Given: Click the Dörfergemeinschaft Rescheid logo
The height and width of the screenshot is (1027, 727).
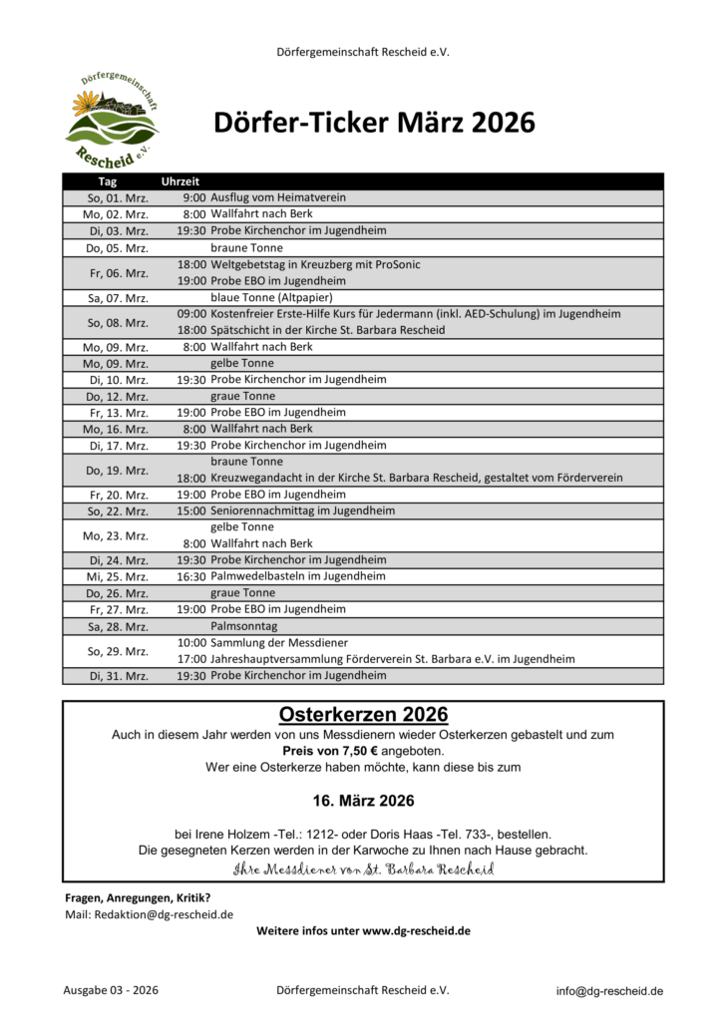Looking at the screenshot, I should coord(113,120).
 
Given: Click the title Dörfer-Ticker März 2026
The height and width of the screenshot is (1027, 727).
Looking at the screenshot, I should coord(374,123).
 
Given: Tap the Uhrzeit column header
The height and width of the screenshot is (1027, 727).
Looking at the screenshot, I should coord(181,181).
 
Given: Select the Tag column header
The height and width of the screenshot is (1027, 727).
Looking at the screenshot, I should coord(108,181).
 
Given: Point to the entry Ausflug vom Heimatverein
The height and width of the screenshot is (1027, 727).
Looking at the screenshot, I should coord(278,197).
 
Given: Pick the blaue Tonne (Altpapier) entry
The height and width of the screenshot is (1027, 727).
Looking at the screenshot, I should coord(271,297).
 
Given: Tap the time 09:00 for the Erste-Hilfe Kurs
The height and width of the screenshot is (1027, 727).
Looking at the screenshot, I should coord(191,313).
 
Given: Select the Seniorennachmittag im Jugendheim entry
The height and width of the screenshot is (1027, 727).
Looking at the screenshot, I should coord(303,511).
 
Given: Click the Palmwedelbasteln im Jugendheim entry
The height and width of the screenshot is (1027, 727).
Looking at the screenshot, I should coord(298,576).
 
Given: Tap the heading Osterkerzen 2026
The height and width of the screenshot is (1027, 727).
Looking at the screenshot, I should coord(363,715).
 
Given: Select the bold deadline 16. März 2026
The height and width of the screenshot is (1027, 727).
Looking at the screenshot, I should coord(363,801).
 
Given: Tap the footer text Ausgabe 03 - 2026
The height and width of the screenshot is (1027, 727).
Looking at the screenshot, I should coord(111,991).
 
